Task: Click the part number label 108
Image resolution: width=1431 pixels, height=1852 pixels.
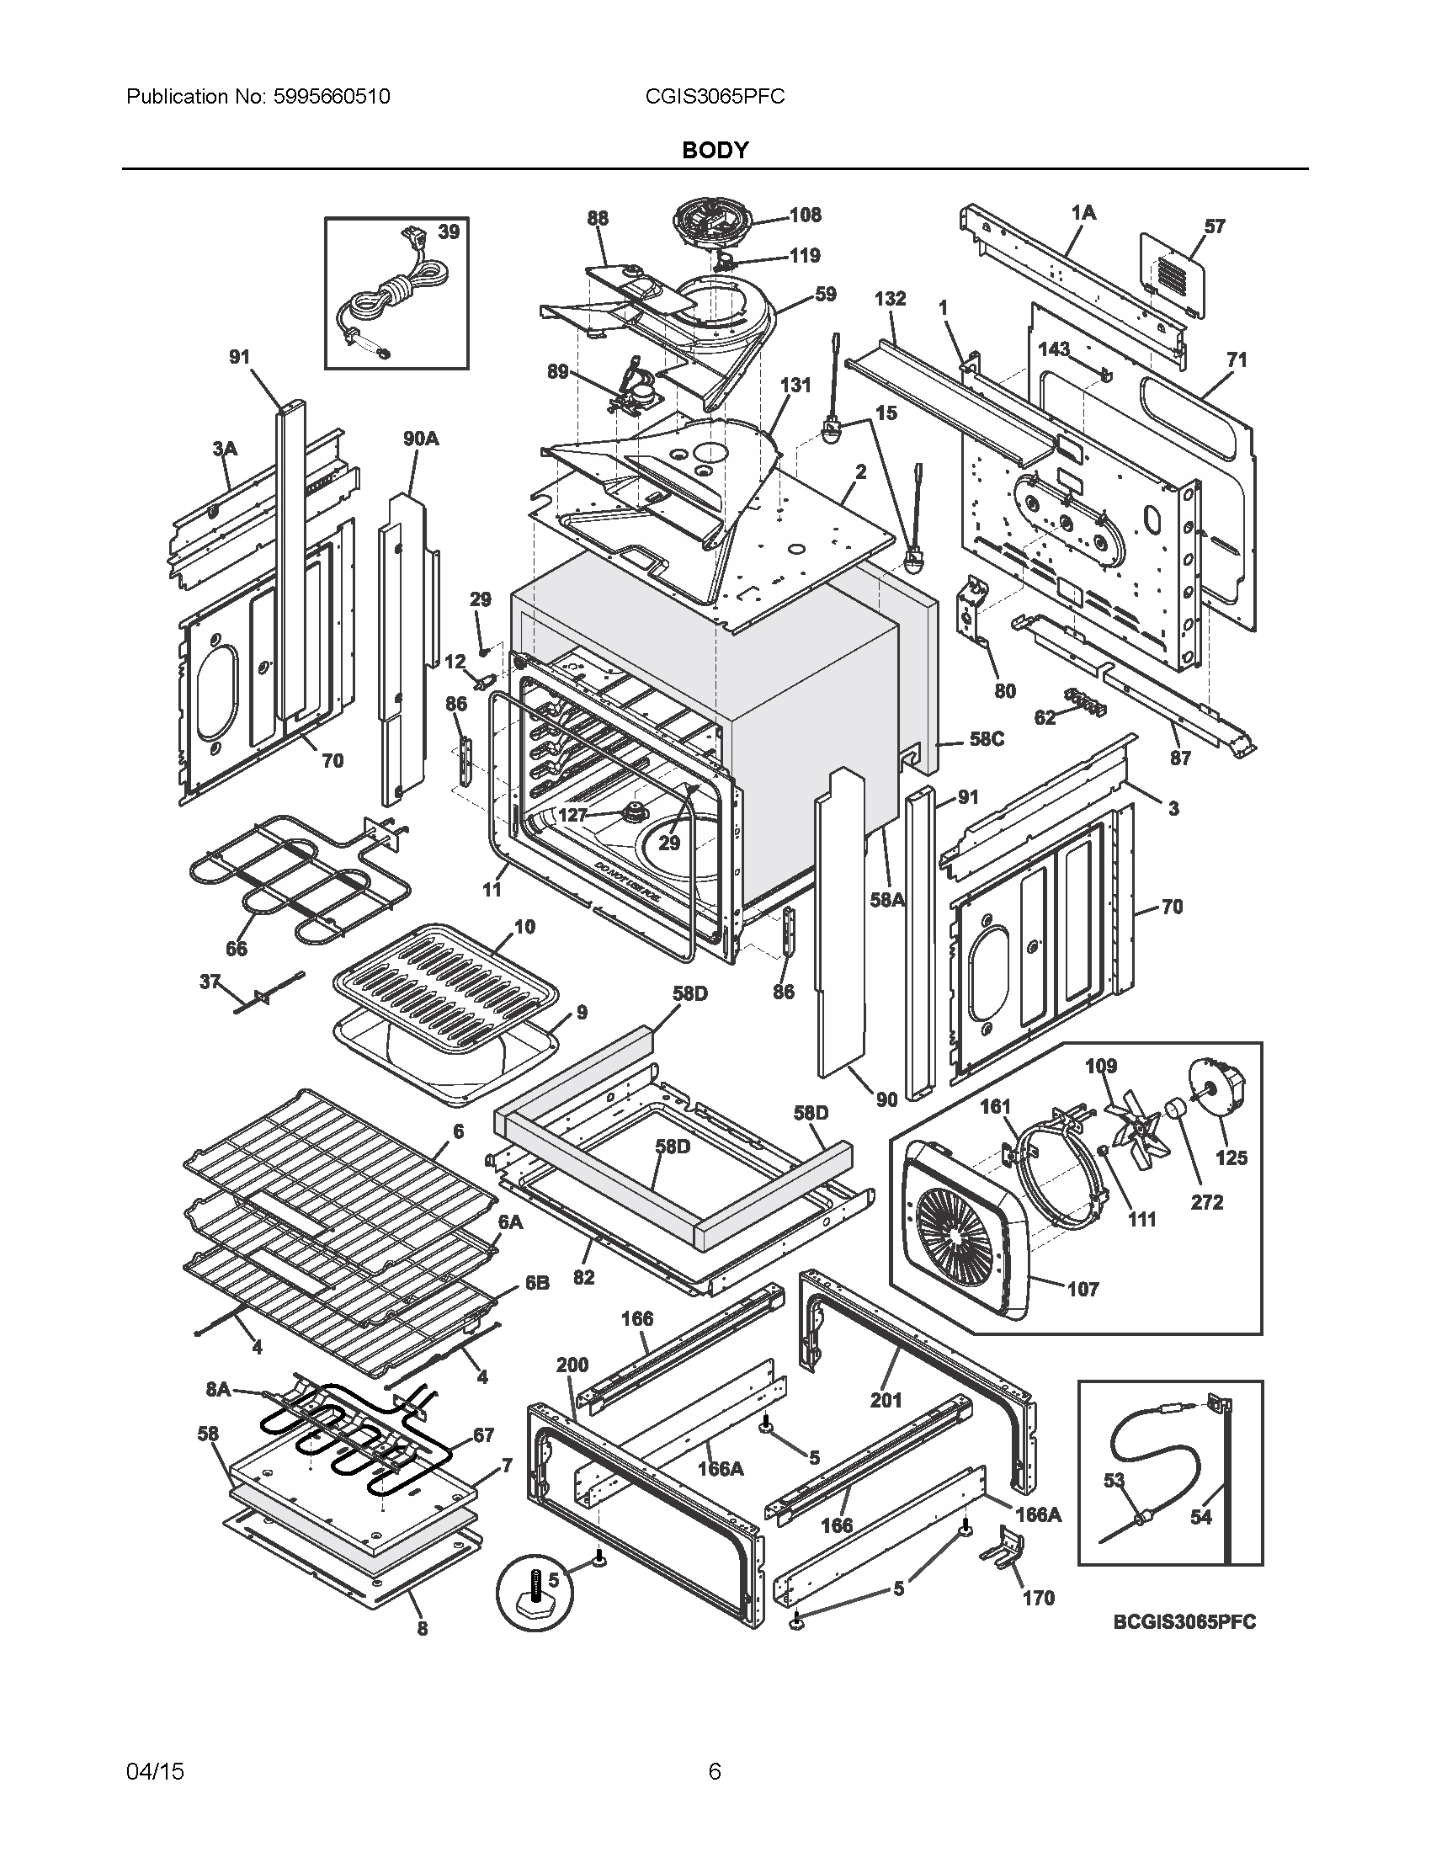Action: click(806, 215)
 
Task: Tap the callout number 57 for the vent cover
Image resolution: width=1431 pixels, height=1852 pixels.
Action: click(1214, 226)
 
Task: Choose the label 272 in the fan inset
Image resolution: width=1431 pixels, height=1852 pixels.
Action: click(1206, 1201)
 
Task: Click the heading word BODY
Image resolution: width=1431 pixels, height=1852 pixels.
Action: click(715, 150)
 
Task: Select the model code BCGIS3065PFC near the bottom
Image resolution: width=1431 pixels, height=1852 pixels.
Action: click(1184, 1621)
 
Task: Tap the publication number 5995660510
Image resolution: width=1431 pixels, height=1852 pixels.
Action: click(332, 97)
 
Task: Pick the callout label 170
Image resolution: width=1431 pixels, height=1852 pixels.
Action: click(1038, 1598)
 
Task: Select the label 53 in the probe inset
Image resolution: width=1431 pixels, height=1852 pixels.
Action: click(1113, 1480)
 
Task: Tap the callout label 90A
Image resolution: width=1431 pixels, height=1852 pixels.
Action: click(421, 439)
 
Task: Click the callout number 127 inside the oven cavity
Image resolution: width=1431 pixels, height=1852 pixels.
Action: click(572, 815)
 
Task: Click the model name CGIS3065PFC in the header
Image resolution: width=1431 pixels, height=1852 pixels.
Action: click(715, 97)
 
